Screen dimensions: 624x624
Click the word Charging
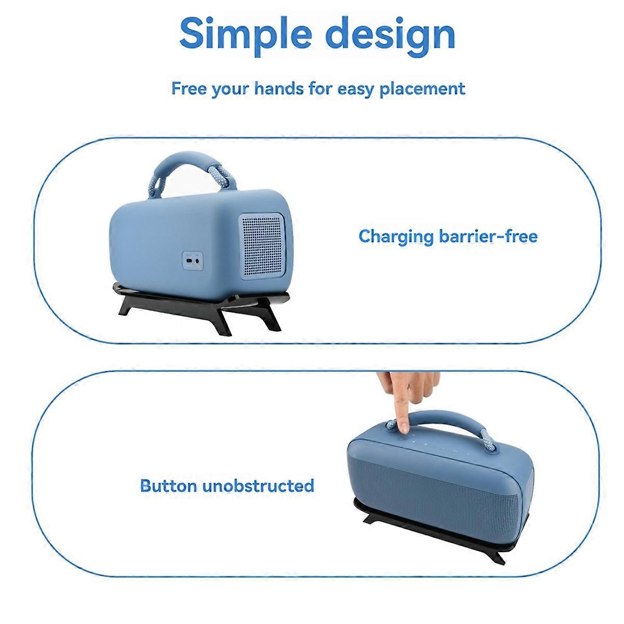click(396, 236)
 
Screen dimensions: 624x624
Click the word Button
click(168, 486)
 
